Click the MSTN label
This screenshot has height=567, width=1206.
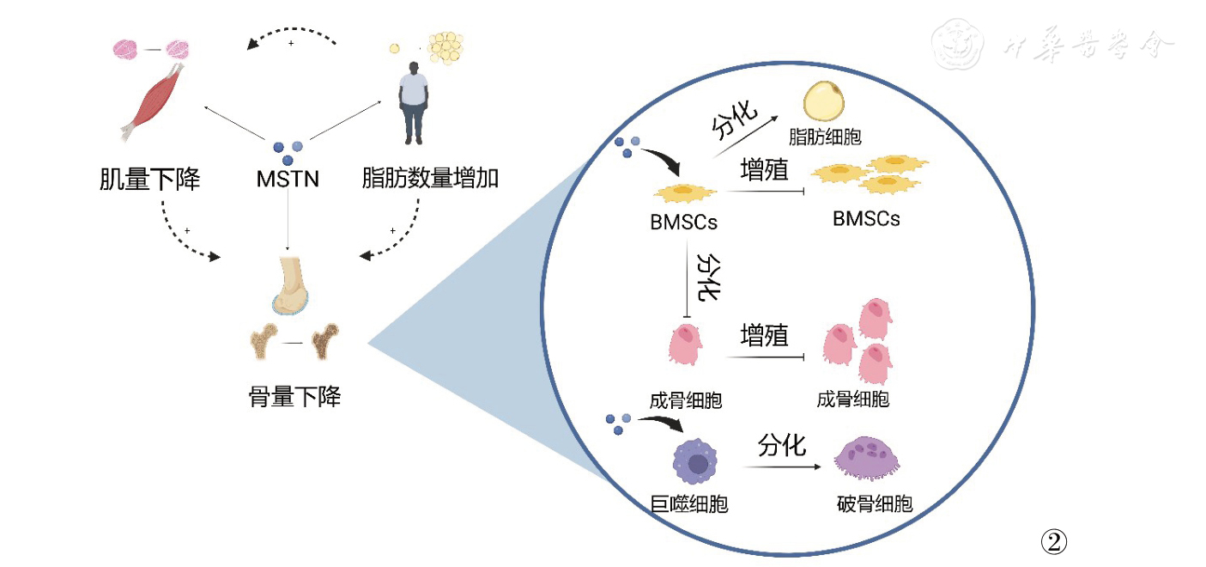tap(288, 180)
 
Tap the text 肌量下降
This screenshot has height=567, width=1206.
tap(149, 180)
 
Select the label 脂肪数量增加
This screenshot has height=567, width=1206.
tap(430, 180)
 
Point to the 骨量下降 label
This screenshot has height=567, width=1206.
tap(294, 398)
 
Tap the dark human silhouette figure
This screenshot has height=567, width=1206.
tap(415, 104)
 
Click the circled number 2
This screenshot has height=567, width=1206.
tap(1053, 540)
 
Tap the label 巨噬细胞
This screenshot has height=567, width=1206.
tap(689, 503)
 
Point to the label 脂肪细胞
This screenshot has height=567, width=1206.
tap(825, 137)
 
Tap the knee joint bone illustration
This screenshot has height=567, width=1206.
tap(291, 283)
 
